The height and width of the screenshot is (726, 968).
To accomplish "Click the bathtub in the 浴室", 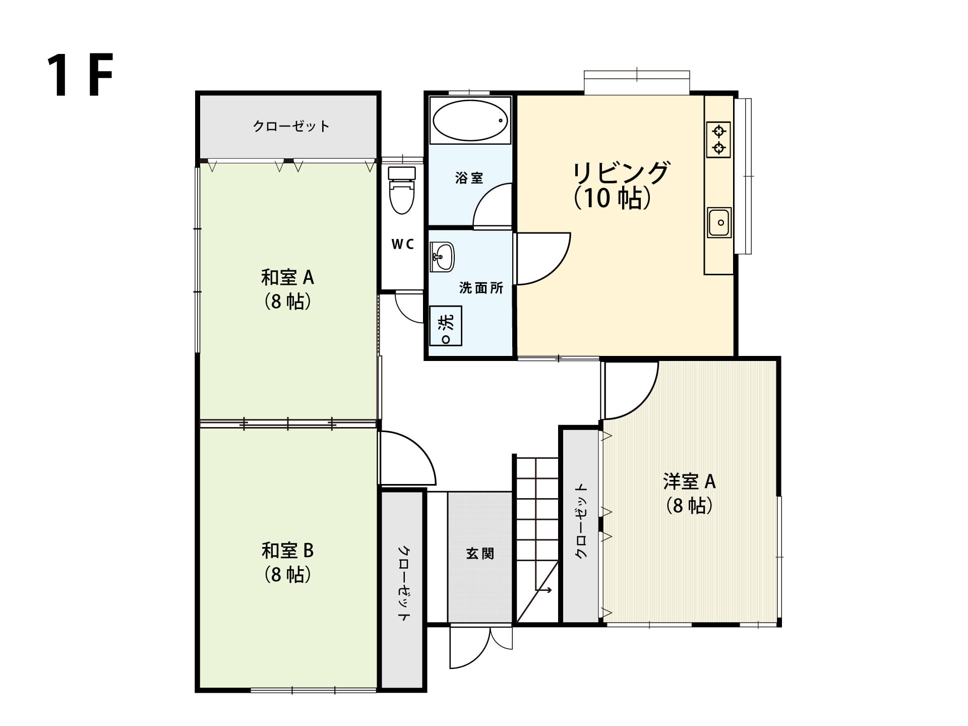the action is (470, 120).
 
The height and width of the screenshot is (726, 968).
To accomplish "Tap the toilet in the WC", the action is (402, 190).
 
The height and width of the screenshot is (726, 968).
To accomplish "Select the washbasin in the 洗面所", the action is (442, 257).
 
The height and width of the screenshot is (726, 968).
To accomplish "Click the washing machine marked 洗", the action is (446, 326).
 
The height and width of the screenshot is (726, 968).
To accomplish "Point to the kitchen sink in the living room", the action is (719, 222).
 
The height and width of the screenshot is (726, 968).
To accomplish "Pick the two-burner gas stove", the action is (719, 140).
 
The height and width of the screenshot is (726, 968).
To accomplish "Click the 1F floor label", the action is (80, 75).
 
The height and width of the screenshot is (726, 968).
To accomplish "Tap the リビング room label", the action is (622, 173).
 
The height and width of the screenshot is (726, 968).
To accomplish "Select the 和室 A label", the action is (287, 277).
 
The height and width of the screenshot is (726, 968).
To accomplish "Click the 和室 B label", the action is (287, 550).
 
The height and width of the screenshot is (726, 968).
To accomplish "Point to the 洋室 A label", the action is (689, 481).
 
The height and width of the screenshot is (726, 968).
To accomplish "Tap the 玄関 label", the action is (479, 554).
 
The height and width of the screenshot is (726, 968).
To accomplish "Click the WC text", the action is (403, 245).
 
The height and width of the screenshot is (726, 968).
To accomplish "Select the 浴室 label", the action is (469, 178).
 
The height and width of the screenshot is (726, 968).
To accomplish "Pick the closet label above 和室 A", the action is (291, 126).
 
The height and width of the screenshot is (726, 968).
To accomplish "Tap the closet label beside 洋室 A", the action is (581, 521).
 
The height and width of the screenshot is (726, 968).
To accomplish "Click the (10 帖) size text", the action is (612, 198).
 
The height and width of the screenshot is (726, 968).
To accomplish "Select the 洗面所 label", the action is (481, 288).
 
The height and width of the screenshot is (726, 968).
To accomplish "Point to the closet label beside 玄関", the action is (404, 583).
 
